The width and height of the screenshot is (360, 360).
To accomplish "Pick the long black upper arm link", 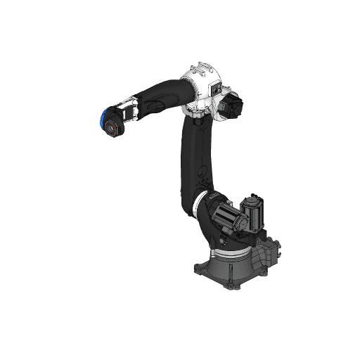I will pyautogui.click(x=191, y=162).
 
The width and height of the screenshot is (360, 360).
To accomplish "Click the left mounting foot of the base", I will pyautogui.click(x=198, y=268).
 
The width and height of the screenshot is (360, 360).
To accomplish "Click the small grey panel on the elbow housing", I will pyautogui.click(x=216, y=89).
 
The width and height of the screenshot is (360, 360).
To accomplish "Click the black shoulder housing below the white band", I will pyautogui.click(x=207, y=218).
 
